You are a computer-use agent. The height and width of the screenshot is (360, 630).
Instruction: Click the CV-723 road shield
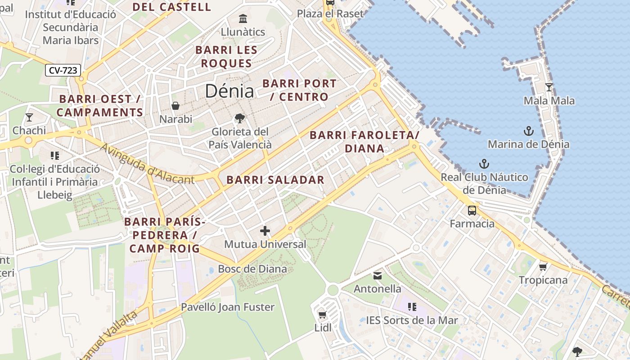[63, 70]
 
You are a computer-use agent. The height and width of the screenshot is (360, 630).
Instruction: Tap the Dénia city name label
[229, 91]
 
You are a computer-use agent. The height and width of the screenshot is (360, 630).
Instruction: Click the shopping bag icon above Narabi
[175, 106]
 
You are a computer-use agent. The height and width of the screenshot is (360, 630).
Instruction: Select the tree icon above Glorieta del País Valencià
[240, 118]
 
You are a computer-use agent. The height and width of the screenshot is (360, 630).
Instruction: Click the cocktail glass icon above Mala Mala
[549, 87]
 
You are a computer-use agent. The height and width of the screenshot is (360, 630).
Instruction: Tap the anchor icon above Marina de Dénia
[529, 131]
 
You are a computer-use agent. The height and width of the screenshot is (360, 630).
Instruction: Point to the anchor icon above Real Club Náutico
[484, 164]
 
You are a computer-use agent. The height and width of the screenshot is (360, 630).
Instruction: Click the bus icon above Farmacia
[472, 210]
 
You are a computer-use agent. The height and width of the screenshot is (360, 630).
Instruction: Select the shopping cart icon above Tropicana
[543, 267]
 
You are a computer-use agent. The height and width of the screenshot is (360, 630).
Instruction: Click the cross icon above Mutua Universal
[265, 231]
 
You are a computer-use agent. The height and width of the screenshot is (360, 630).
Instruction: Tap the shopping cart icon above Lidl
[322, 315]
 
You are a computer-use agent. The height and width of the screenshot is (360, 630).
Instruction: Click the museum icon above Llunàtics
[243, 19]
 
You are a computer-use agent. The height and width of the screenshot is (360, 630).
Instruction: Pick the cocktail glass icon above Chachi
[29, 117]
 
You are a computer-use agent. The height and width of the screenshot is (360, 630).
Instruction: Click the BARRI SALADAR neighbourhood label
[275, 180]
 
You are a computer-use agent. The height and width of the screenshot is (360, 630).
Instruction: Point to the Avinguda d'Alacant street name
[147, 165]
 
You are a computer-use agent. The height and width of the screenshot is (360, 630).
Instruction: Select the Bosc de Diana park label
[252, 269]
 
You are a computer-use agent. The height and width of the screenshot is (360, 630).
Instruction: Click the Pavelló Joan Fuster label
[228, 307]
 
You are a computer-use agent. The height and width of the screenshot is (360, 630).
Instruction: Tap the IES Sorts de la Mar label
[412, 320]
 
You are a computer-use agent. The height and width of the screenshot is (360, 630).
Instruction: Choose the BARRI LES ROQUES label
[226, 57]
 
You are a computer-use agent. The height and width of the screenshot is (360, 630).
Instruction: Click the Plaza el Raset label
[330, 14]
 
